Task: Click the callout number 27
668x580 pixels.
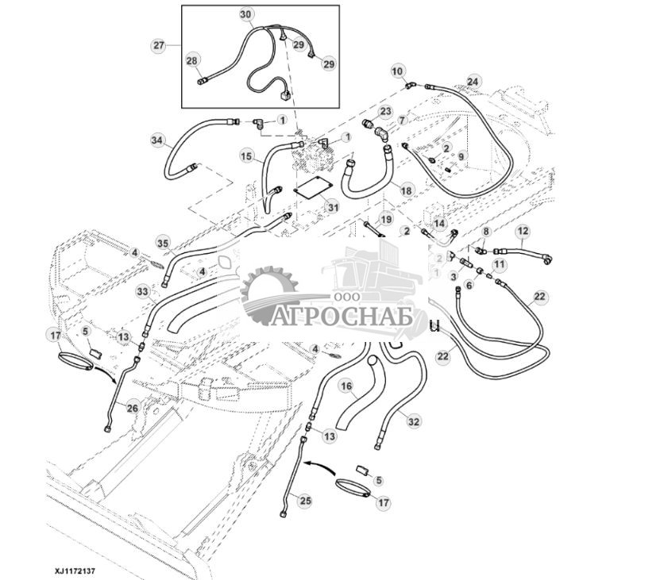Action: tap(159, 45)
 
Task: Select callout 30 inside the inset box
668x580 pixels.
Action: tap(245, 15)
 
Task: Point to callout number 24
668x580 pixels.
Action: tap(473, 81)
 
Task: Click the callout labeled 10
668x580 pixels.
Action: tap(397, 71)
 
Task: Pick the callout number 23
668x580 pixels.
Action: tap(385, 111)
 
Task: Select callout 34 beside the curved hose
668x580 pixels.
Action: tap(156, 140)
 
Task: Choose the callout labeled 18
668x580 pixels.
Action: tap(406, 191)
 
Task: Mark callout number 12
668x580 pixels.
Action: tap(522, 232)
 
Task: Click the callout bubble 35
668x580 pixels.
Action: tap(162, 242)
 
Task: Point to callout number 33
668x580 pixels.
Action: tap(142, 291)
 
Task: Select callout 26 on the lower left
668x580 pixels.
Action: tap(132, 409)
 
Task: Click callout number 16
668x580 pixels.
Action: tap(346, 386)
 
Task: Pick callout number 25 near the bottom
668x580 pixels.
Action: tap(305, 499)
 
